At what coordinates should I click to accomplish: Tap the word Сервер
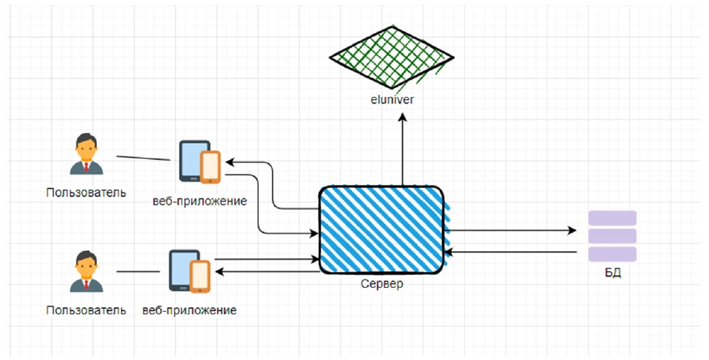click(x=383, y=283)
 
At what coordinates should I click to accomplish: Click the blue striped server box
click(x=382, y=229)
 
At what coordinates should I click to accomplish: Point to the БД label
click(x=613, y=272)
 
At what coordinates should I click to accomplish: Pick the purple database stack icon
click(x=612, y=236)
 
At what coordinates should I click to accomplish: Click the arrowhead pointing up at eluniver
click(x=402, y=117)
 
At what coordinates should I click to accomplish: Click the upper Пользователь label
click(x=85, y=192)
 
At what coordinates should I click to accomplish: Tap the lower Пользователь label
click(x=85, y=310)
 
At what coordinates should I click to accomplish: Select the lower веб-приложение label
click(x=189, y=310)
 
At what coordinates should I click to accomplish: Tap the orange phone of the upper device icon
click(x=211, y=167)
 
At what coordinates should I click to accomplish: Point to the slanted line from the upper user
click(x=143, y=159)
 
